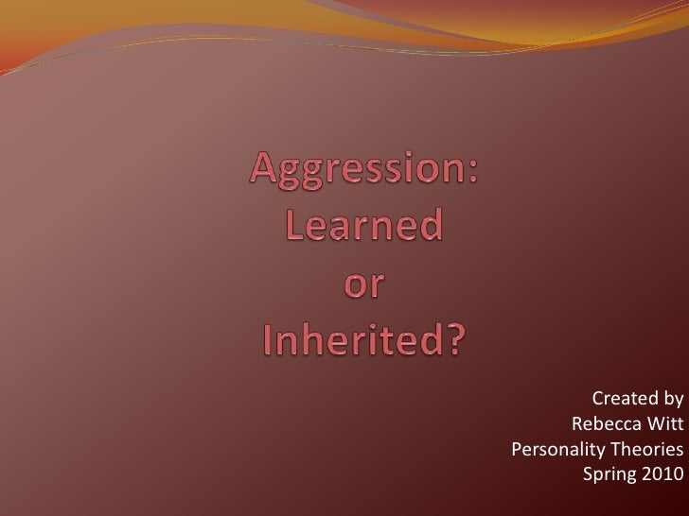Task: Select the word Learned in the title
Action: [364, 227]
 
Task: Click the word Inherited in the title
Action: [351, 341]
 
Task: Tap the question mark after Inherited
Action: [456, 341]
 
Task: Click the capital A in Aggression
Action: [264, 171]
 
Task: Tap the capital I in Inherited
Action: [267, 341]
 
